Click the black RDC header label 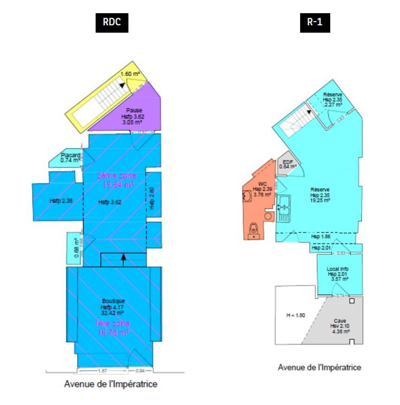111,23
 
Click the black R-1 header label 314,23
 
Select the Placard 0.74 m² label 70,157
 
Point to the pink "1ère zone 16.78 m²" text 113,328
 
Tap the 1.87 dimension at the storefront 102,370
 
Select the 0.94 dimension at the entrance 140,370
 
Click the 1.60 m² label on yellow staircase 131,74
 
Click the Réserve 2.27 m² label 332,99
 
